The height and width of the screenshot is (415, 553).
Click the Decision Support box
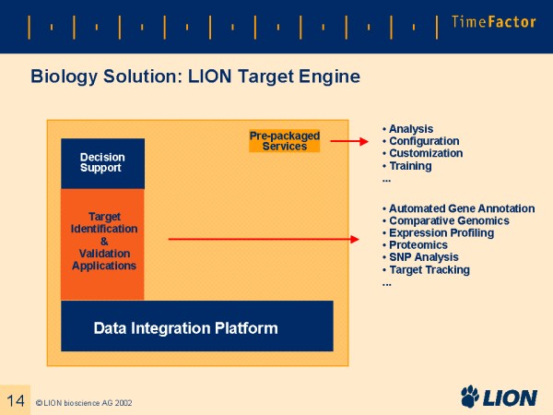click(x=102, y=163)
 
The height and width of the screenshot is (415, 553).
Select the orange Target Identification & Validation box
click(x=102, y=243)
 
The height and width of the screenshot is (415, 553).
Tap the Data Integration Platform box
click(x=196, y=326)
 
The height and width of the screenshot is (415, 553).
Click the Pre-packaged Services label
click(x=284, y=141)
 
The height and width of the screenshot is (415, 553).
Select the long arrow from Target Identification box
click(x=263, y=240)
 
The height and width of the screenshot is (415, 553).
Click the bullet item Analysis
click(x=410, y=129)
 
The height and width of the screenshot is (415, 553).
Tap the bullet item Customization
click(x=425, y=153)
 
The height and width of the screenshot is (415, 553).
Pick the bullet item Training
click(x=409, y=166)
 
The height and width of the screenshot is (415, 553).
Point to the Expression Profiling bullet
click(x=441, y=233)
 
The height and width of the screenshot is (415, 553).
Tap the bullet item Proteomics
click(x=418, y=245)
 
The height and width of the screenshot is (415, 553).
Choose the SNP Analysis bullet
click(x=425, y=257)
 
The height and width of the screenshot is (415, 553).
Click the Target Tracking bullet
click(x=429, y=269)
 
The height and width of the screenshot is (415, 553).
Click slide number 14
click(x=15, y=399)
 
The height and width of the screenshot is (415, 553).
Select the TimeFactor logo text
click(x=493, y=22)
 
